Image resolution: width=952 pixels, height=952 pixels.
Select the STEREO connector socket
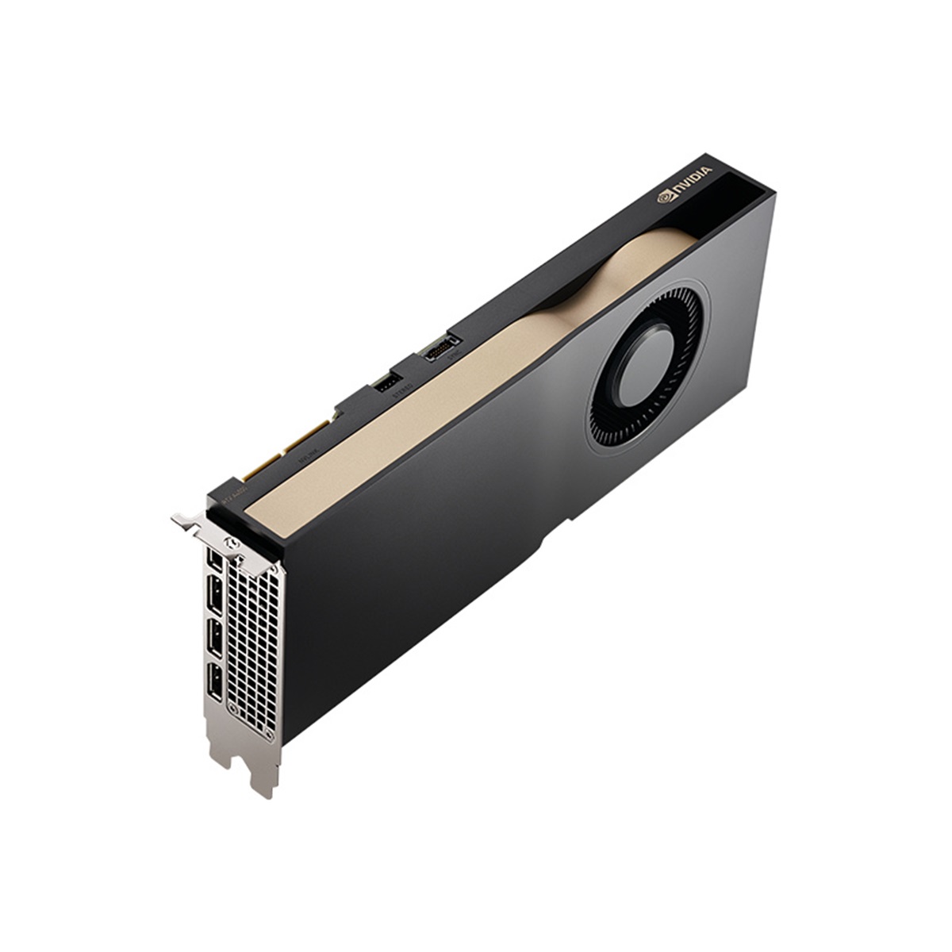[387, 384]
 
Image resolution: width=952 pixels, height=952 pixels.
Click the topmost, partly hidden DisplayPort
[213, 558]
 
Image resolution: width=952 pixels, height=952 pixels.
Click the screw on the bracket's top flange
[232, 543]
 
